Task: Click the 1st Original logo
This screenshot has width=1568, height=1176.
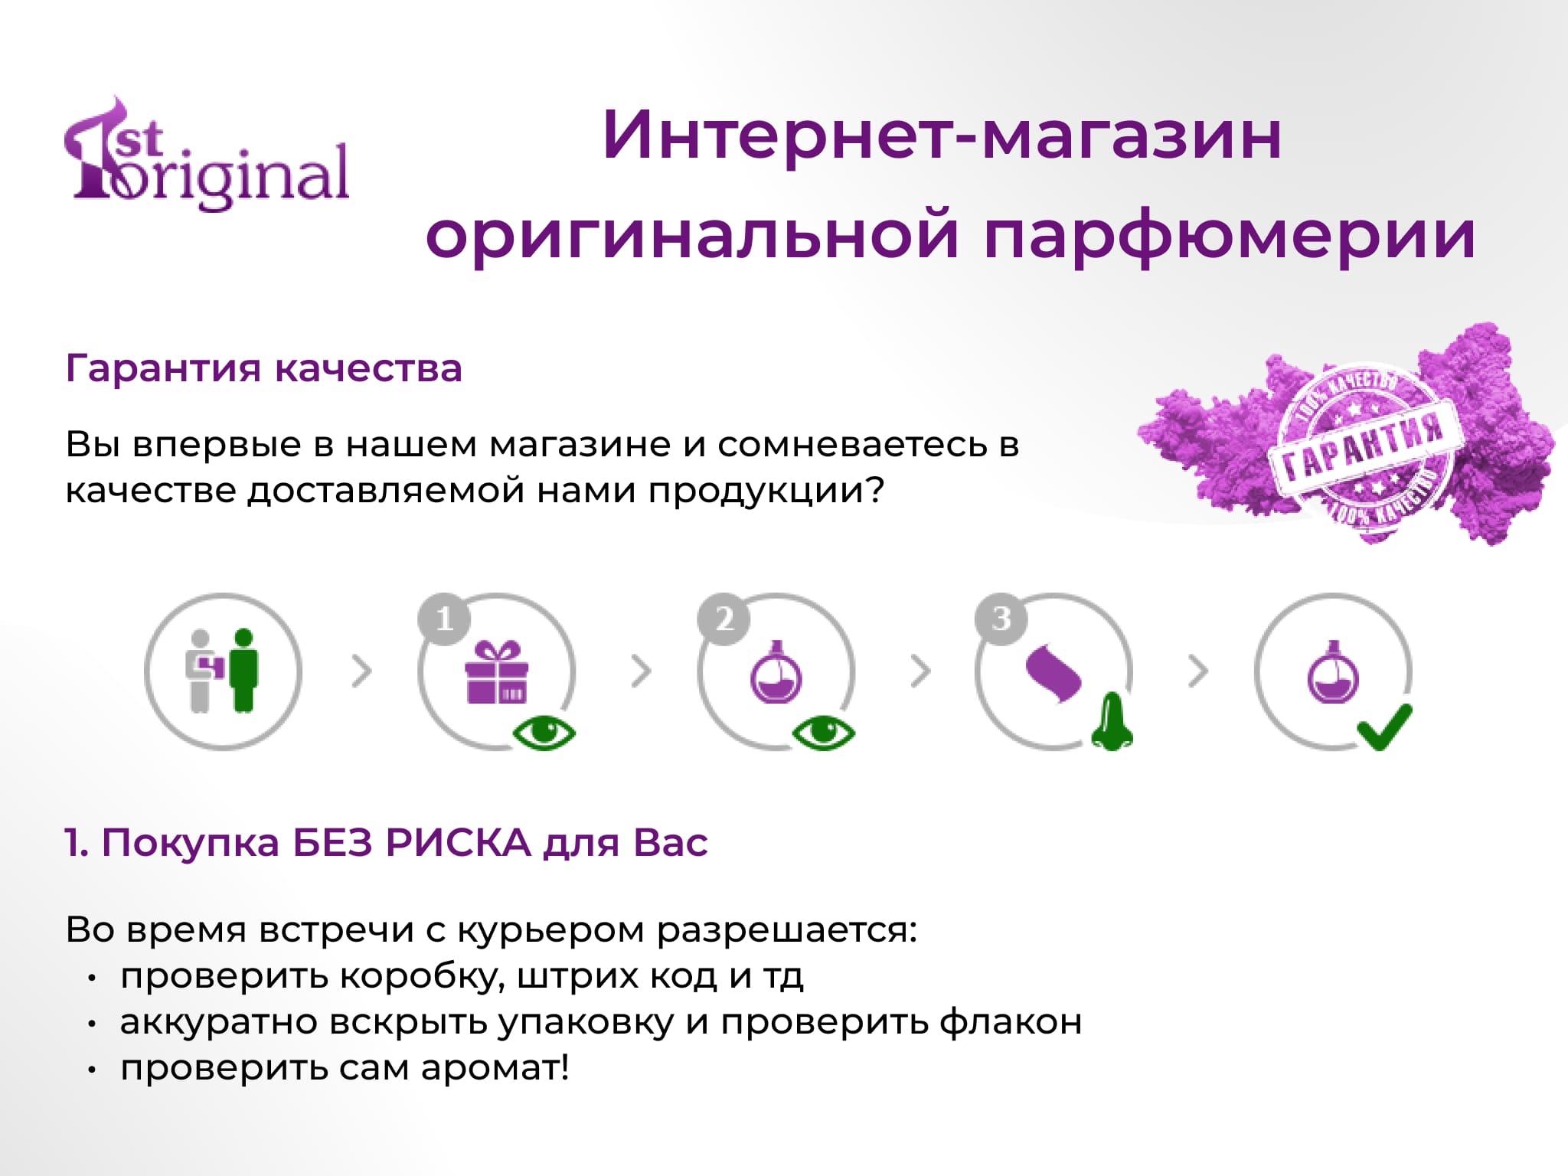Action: pyautogui.click(x=207, y=153)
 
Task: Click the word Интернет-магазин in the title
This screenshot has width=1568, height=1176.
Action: pyautogui.click(x=942, y=136)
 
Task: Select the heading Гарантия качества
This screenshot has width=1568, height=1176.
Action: pyautogui.click(x=264, y=368)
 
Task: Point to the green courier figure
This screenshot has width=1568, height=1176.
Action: pyautogui.click(x=244, y=670)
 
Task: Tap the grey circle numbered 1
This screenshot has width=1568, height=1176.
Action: pyautogui.click(x=445, y=619)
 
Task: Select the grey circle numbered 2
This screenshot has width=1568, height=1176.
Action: pyautogui.click(x=724, y=619)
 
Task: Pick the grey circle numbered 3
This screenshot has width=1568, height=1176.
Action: pyautogui.click(x=1001, y=619)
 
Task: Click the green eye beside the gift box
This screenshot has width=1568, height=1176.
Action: pyautogui.click(x=544, y=733)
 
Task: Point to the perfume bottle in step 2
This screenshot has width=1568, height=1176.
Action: pyautogui.click(x=776, y=671)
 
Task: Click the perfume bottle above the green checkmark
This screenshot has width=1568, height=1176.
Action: pyautogui.click(x=1333, y=671)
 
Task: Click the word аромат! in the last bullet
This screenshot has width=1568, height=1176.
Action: pyautogui.click(x=495, y=1068)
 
